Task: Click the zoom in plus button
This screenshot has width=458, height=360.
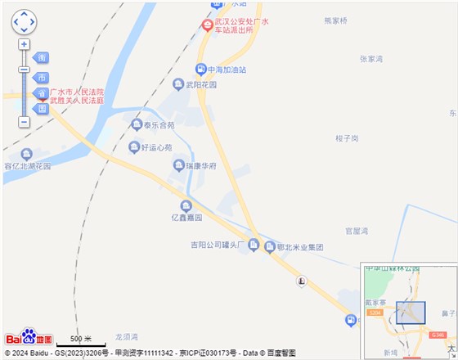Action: (24, 44)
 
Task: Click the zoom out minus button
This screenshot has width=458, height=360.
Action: (24, 122)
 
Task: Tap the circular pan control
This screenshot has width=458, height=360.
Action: (24, 23)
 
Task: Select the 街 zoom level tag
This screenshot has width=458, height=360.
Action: (42, 57)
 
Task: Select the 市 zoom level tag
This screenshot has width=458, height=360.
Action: (42, 77)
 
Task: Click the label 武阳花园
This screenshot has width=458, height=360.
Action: (201, 84)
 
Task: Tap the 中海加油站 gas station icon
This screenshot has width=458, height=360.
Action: (200, 69)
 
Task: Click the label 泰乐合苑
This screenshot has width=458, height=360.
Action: (159, 125)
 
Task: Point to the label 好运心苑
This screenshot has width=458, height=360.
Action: (156, 148)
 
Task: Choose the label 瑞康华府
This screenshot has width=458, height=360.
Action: (200, 166)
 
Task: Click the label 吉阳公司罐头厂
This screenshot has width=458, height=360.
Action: (218, 245)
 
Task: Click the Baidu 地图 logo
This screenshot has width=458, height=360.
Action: (29, 337)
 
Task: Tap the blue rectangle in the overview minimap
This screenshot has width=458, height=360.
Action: (411, 315)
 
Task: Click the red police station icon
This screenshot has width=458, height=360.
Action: (207, 25)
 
